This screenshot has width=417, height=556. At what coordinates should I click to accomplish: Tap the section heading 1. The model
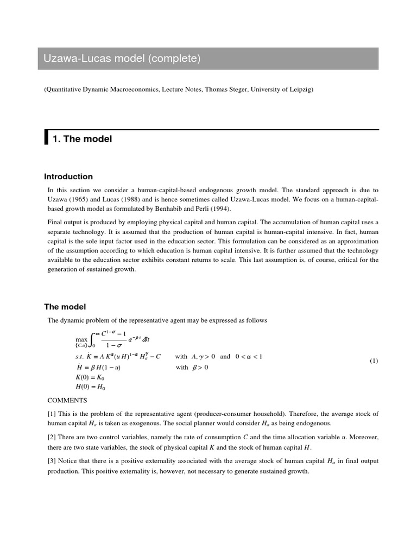click(x=82, y=139)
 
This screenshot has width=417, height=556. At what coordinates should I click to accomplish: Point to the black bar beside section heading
click(x=46, y=138)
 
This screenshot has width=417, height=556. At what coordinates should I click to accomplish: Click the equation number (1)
click(x=374, y=362)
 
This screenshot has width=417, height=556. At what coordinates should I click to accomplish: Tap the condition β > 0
click(x=198, y=367)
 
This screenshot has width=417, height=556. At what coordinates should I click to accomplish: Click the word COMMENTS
click(x=67, y=400)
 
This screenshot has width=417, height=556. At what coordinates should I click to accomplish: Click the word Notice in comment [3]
click(x=72, y=461)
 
